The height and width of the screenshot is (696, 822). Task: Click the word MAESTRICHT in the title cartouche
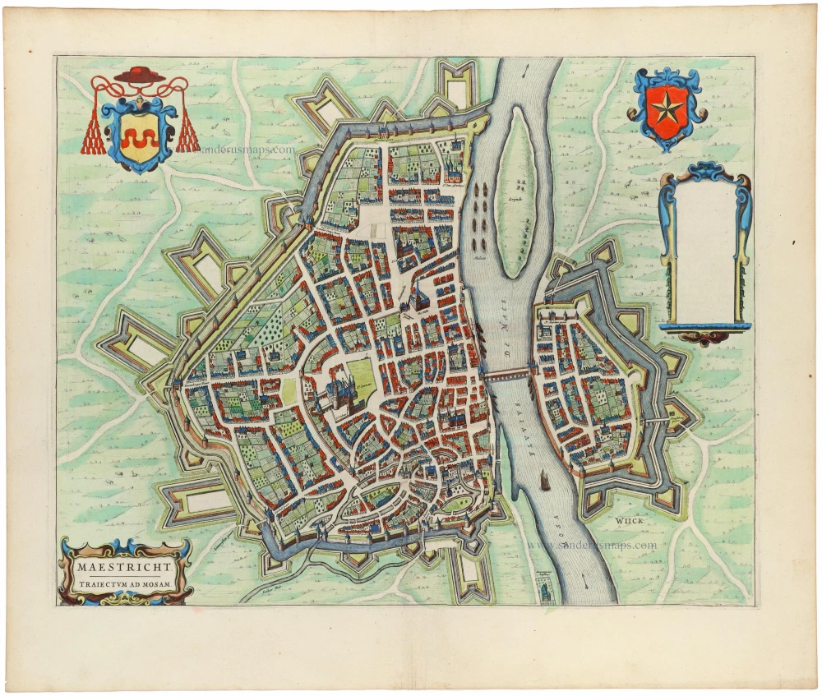127,567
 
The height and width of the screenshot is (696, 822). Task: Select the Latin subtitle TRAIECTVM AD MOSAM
127,583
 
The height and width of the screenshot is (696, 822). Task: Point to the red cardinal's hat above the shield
140,76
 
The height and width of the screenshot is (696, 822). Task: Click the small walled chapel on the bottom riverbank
543,589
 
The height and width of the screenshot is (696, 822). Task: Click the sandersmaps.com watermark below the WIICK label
592,545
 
